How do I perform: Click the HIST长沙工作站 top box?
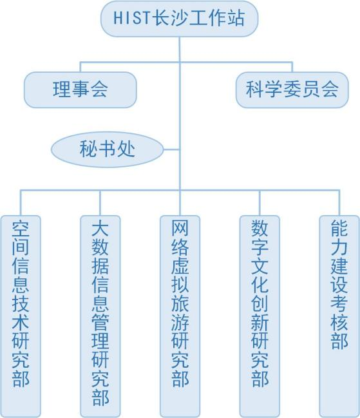coord(179,19)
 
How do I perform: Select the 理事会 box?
coord(81,90)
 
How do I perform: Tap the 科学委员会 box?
coord(292,90)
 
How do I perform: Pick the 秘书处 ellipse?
coord(107,149)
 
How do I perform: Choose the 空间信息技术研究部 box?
coord(21,316)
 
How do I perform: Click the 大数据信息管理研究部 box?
coord(100,316)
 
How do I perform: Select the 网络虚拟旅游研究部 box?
coord(180,316)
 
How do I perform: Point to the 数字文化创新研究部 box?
coord(260,316)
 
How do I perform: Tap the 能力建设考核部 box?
coord(339,316)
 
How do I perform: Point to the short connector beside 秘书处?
coord(171,149)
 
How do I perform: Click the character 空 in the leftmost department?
coord(21,229)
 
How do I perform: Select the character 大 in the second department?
coord(100,229)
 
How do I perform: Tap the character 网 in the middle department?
coord(180,228)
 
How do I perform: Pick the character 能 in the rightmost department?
coord(339,228)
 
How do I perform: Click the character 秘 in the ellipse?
coord(88,149)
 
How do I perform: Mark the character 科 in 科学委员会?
coord(255,90)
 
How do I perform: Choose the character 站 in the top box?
coord(235,18)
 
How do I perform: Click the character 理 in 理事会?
coord(62,90)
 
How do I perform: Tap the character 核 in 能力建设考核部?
coord(339,322)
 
